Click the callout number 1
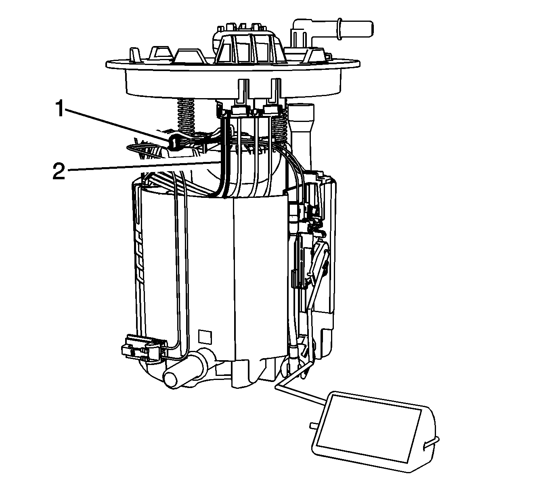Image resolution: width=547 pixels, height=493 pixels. pyautogui.click(x=61, y=108)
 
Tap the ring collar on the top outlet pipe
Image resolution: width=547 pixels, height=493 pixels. pyautogui.click(x=340, y=29)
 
